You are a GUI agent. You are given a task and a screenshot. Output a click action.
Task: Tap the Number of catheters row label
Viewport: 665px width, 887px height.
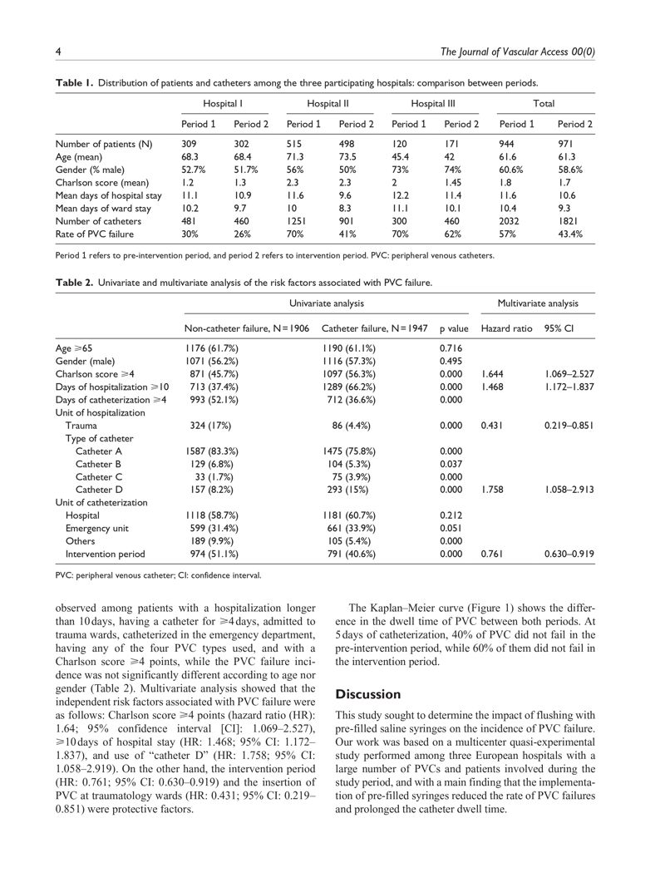point(98,221)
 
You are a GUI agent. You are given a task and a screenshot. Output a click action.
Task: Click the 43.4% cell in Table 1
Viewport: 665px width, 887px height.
point(569,234)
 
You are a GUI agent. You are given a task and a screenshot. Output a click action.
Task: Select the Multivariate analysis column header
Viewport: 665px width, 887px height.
point(538,303)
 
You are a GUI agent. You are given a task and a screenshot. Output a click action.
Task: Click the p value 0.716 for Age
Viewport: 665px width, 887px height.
point(450,347)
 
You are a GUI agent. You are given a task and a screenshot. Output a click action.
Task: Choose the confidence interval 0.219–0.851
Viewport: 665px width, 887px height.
point(569,426)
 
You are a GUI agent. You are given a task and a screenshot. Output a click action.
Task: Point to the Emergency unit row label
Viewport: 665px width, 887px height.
point(98,528)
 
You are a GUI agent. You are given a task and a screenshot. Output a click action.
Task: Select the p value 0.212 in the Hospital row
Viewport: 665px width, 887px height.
point(450,515)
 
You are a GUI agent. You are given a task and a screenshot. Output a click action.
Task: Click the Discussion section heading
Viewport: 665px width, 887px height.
point(367,694)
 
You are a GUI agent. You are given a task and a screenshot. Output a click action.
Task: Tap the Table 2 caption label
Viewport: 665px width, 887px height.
point(75,283)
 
